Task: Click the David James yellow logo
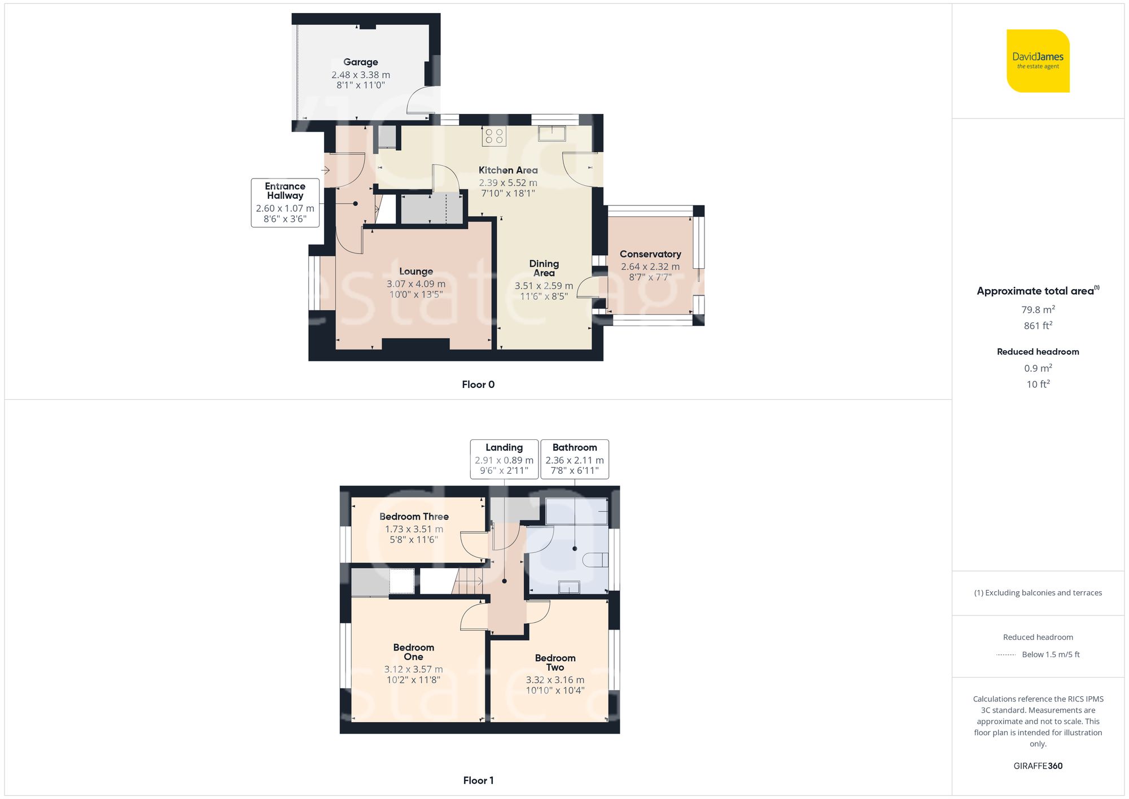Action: coord(1038,61)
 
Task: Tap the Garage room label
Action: coord(361,62)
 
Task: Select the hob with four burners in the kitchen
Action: coord(494,136)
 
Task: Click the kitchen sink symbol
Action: coord(552,134)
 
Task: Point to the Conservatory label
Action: coord(650,254)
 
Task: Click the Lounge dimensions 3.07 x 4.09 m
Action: coord(416,284)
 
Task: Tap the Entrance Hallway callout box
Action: coord(285,203)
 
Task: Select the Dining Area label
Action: coord(544,268)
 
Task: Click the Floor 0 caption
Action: coord(478,385)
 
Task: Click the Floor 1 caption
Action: coord(478,780)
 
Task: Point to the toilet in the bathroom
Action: coord(595,560)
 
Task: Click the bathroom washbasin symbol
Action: coord(569,587)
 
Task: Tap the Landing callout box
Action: coord(504,459)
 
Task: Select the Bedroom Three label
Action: coord(414,517)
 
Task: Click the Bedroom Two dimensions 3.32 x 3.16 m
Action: coord(555,680)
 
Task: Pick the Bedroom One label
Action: coord(414,652)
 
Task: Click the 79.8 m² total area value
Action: coord(1038,309)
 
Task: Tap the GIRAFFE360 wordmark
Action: coord(1038,766)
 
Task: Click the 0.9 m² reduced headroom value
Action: coord(1038,368)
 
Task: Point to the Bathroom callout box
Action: coord(575,459)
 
